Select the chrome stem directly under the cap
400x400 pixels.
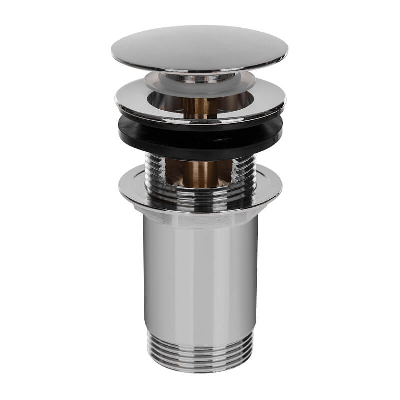click(200, 77)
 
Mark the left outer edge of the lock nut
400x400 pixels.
click(120, 187)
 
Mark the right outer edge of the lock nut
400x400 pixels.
click(281, 187)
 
